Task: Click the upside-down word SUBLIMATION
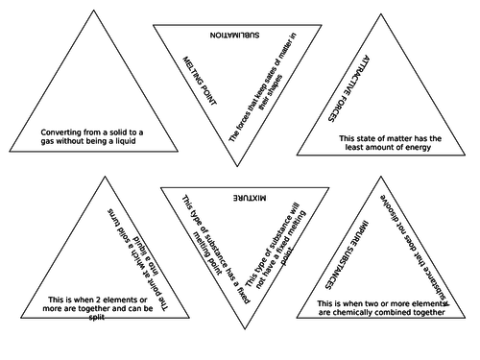239,34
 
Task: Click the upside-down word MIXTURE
239,196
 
